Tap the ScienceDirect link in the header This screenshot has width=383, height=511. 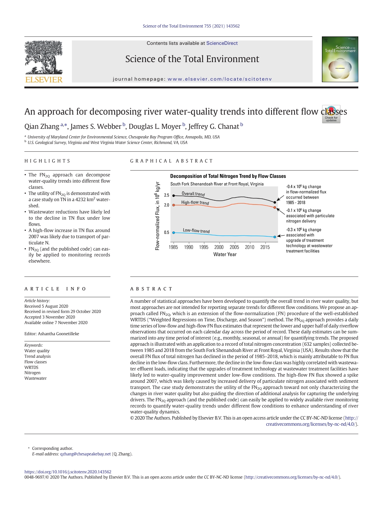(222, 43)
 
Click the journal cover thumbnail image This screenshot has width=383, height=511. (340, 59)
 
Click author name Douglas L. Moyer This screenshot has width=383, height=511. (155, 127)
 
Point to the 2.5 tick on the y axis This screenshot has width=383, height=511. (167, 195)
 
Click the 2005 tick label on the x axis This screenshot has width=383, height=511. (234, 247)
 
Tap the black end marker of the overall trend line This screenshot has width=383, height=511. (275, 202)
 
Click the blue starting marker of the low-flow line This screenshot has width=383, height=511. (173, 233)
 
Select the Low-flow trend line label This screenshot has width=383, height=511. (196, 231)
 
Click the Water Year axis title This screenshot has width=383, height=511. (225, 255)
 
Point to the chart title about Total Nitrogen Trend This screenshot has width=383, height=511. (228, 176)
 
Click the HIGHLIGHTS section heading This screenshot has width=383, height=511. (48, 161)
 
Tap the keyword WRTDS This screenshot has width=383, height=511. (31, 367)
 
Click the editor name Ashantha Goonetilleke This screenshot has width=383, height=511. (58, 334)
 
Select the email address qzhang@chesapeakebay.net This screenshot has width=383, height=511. (85, 454)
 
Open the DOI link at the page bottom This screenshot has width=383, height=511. (68, 472)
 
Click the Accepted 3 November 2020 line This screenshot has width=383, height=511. (50, 317)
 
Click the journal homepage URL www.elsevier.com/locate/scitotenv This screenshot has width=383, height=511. (220, 79)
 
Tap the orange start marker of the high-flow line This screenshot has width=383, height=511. (173, 205)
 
